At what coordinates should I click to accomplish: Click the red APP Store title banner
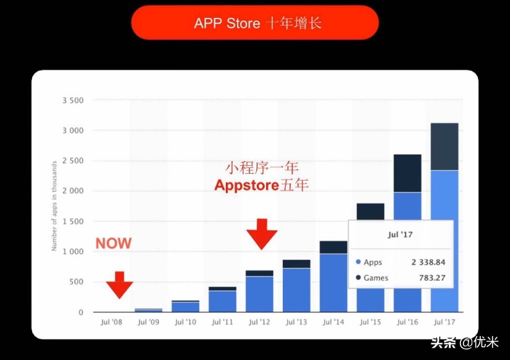(254, 23)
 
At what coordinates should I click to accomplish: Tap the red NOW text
(113, 243)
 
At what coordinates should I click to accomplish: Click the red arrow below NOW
(119, 285)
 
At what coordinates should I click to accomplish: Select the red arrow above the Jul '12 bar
(262, 234)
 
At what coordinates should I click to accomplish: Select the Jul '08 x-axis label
(111, 322)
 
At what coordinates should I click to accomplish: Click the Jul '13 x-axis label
(296, 322)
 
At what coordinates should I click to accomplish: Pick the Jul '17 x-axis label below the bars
(444, 322)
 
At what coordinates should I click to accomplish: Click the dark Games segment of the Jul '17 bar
(444, 147)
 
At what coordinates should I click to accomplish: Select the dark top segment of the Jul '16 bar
(407, 173)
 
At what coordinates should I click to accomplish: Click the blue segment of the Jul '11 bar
(222, 301)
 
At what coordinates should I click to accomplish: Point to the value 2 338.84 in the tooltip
(428, 262)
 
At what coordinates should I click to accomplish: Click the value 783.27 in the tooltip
(433, 278)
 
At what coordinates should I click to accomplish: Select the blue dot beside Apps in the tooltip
(358, 262)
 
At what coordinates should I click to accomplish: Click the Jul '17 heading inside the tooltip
(400, 234)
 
